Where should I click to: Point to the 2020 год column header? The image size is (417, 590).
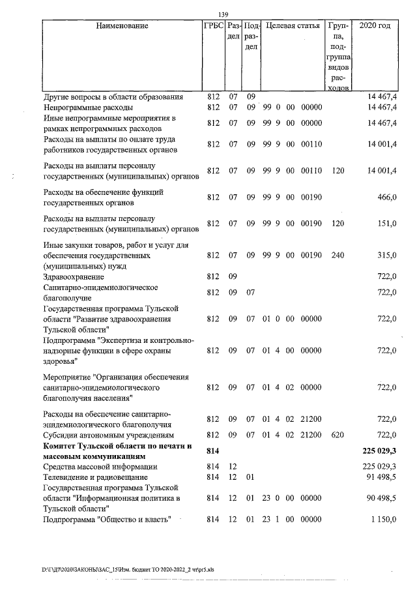pyautogui.click(x=380, y=26)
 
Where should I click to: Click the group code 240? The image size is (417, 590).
pyautogui.click(x=337, y=256)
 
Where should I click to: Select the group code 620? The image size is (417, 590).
pyautogui.click(x=337, y=434)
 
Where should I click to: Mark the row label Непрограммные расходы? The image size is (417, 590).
pyautogui.click(x=88, y=107)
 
